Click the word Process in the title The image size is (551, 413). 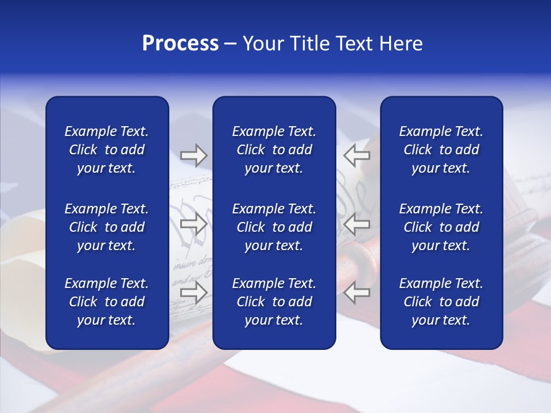coord(180,44)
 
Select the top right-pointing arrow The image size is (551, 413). coord(193,155)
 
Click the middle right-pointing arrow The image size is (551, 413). coord(193,224)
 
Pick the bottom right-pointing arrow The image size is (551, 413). coord(193,293)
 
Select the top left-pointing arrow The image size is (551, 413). coord(357,155)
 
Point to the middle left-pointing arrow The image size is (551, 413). coord(357,224)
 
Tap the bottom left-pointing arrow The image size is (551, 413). coord(357,293)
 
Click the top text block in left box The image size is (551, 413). coord(107,150)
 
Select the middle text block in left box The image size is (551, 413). coord(107,227)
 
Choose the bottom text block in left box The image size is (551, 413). coord(107,302)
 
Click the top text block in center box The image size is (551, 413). coord(274,150)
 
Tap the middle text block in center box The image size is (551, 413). coord(274,227)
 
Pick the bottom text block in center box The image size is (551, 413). coord(274,302)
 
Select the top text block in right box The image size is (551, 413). coord(441,150)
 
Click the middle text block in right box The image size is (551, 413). coord(441,227)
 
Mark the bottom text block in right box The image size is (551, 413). coord(441,302)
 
